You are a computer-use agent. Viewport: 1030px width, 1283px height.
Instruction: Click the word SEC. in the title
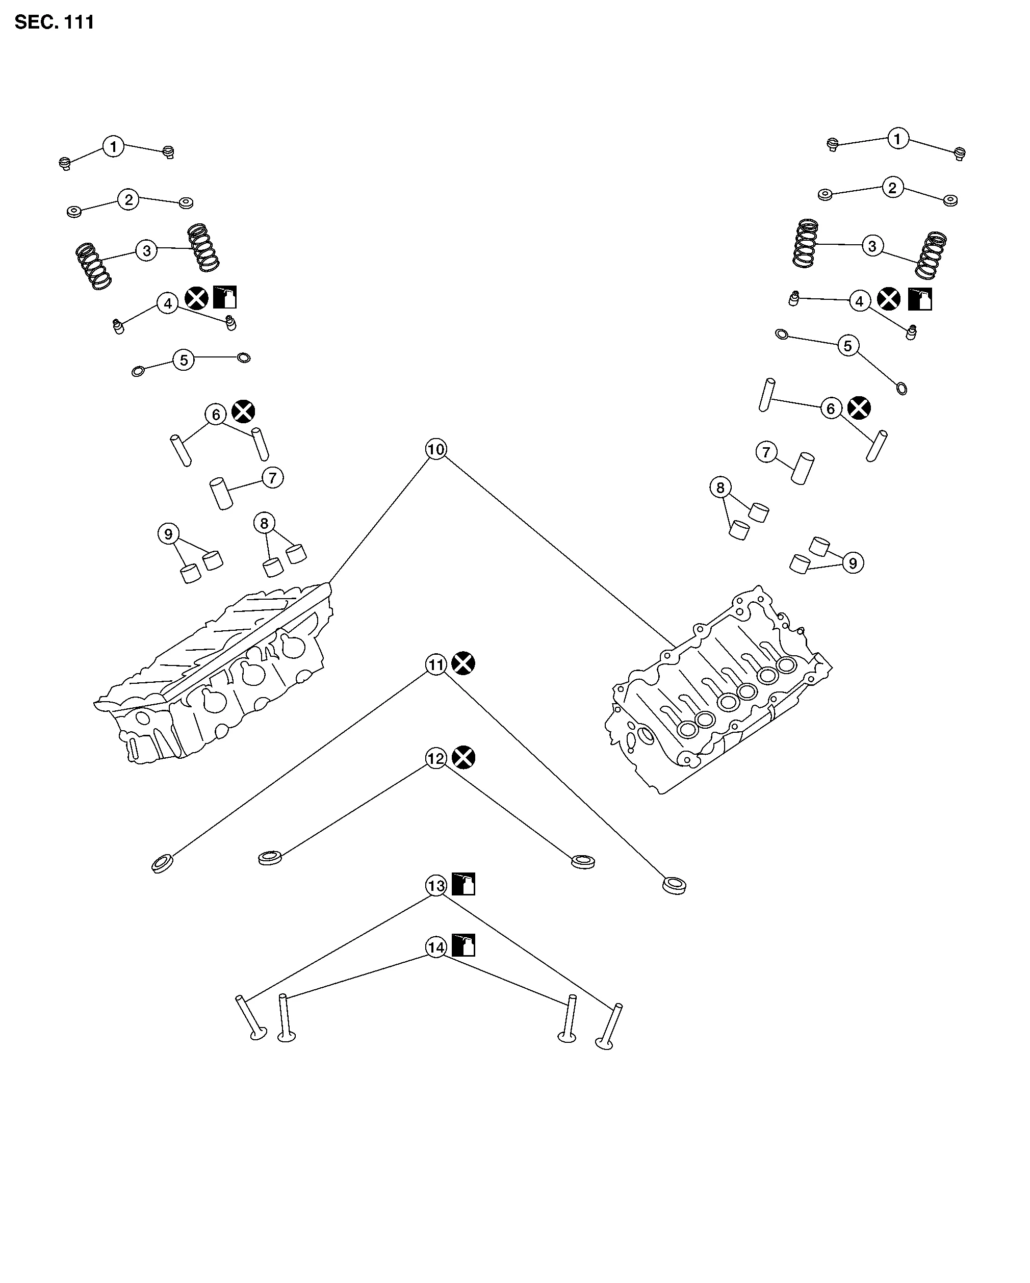pyautogui.click(x=33, y=22)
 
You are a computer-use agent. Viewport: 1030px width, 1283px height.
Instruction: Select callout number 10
pyautogui.click(x=436, y=449)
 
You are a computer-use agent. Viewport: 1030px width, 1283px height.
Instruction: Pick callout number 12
pyautogui.click(x=436, y=758)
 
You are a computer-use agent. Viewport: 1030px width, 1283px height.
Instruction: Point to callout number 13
pyautogui.click(x=436, y=885)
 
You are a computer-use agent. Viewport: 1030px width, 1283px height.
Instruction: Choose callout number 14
pyautogui.click(x=436, y=947)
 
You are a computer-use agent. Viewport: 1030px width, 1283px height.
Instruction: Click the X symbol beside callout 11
pyautogui.click(x=463, y=663)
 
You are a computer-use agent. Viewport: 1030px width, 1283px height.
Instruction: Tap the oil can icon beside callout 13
pyautogui.click(x=463, y=884)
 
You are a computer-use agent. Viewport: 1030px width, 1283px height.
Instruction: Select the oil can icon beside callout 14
pyautogui.click(x=463, y=945)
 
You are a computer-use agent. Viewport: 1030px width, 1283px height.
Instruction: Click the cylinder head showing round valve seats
pyautogui.click(x=720, y=690)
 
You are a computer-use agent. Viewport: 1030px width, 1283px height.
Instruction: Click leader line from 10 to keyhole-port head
pyautogui.click(x=381, y=518)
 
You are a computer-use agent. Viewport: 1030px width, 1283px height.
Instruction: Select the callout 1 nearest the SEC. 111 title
pyautogui.click(x=113, y=146)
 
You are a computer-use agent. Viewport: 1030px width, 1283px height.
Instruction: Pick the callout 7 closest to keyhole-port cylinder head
pyautogui.click(x=272, y=477)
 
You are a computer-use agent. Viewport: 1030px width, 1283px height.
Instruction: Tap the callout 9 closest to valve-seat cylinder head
pyautogui.click(x=853, y=563)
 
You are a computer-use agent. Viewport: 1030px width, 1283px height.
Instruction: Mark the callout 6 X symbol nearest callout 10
pyautogui.click(x=243, y=411)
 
